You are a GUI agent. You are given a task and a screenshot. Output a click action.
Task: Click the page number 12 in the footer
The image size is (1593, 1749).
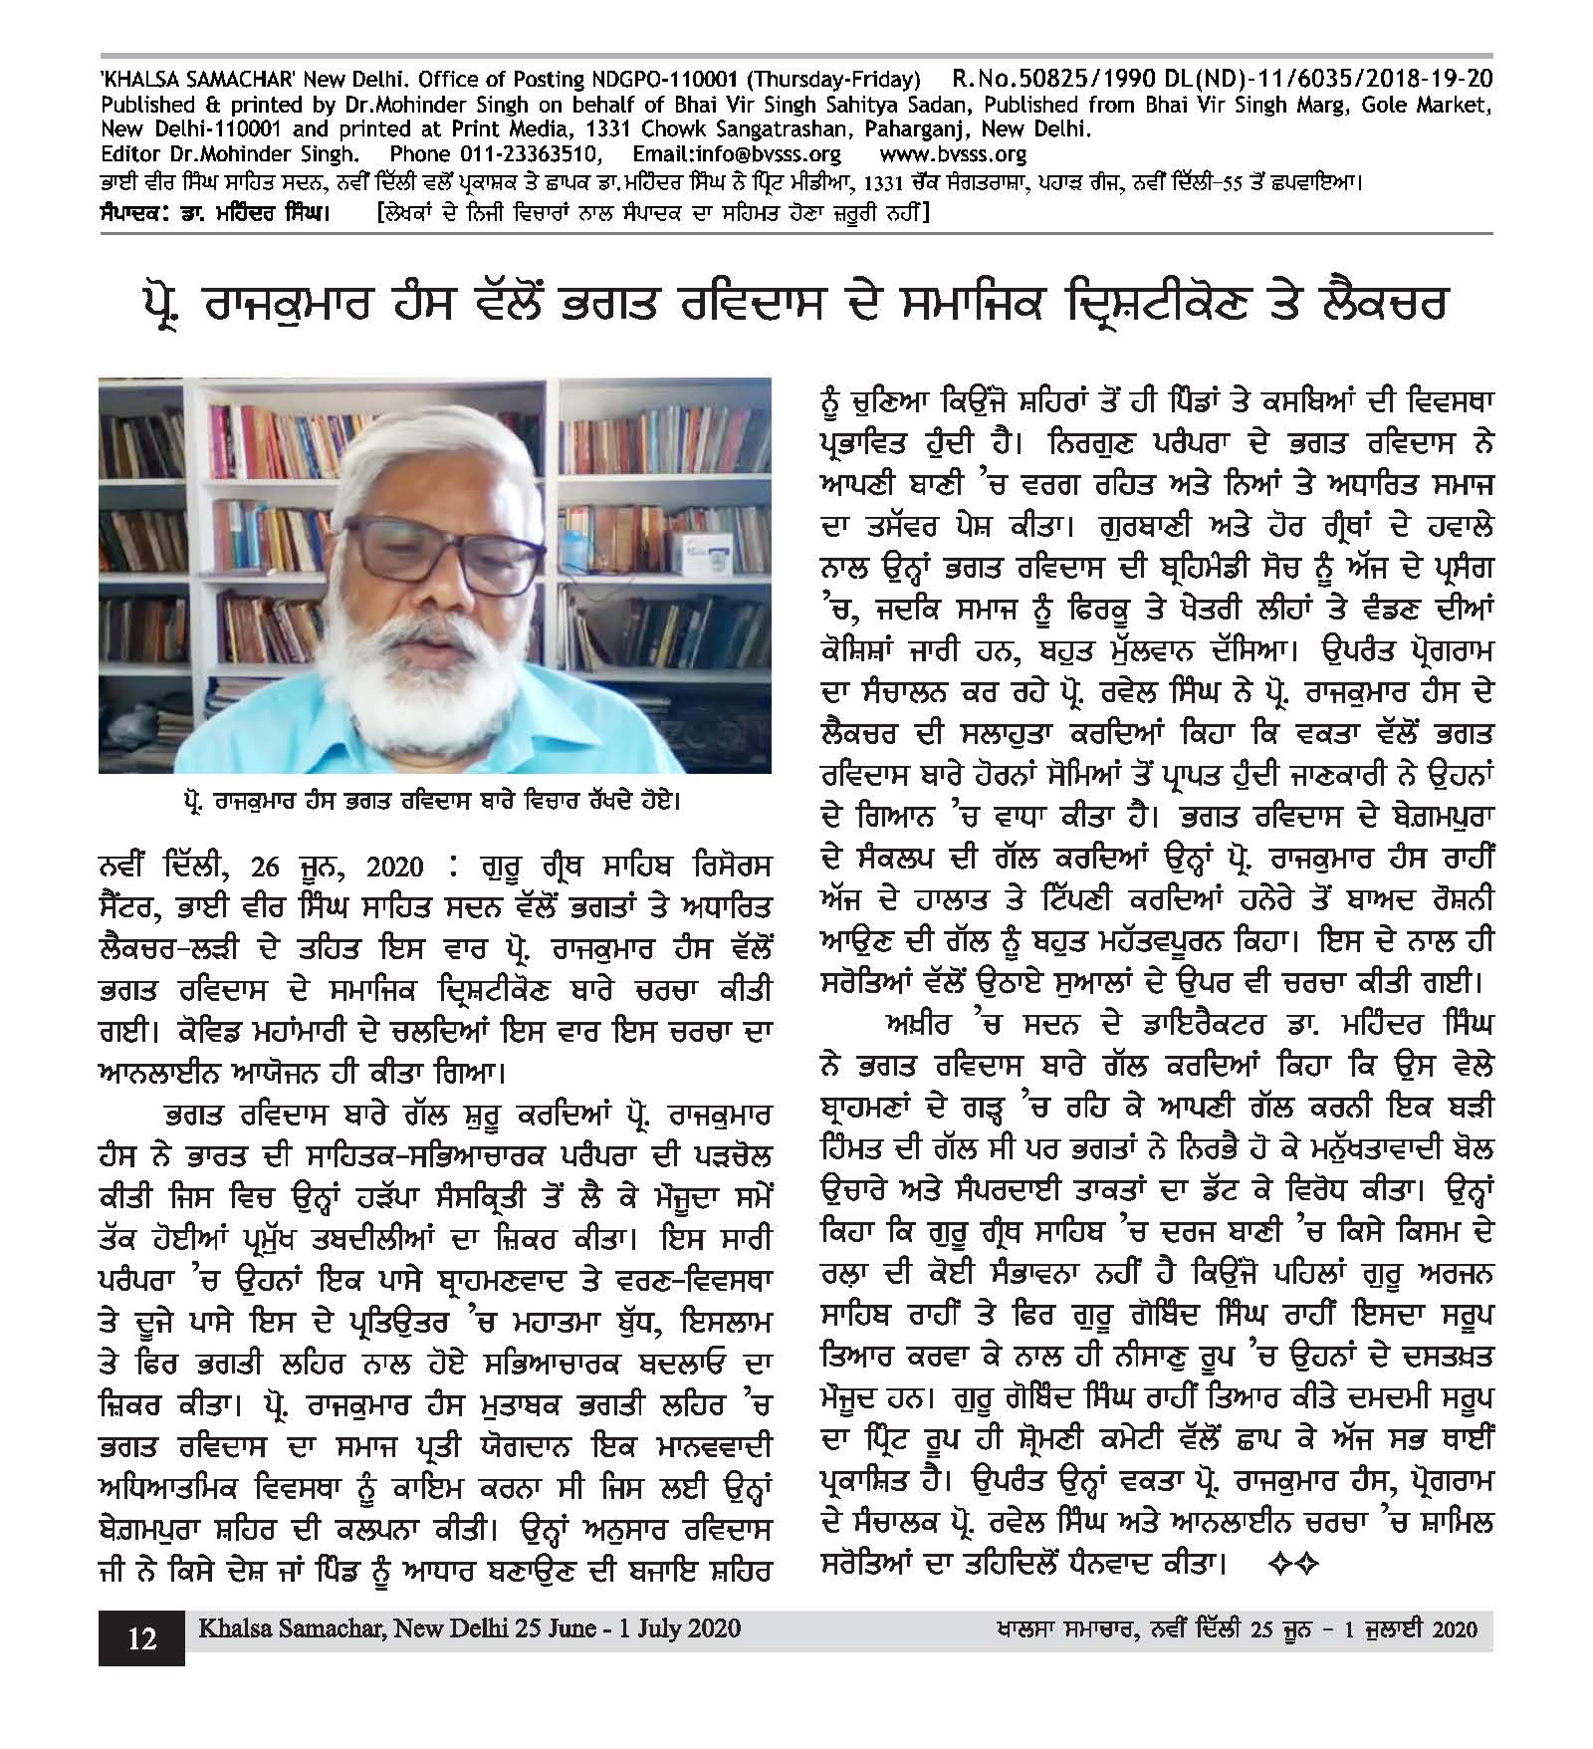click(141, 1638)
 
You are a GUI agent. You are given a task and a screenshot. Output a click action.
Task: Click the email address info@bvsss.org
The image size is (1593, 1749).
click(737, 154)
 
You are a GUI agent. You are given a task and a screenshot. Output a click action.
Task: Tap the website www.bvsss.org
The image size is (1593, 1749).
click(953, 154)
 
